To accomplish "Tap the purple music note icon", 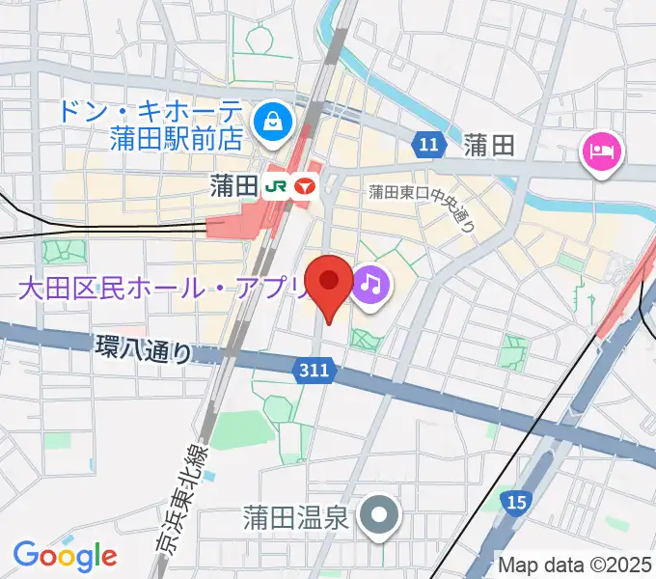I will tap(369, 284).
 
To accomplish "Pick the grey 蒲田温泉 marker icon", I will tap(378, 516).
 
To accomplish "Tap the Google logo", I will tap(65, 555).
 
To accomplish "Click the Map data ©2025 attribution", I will tap(576, 565).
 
